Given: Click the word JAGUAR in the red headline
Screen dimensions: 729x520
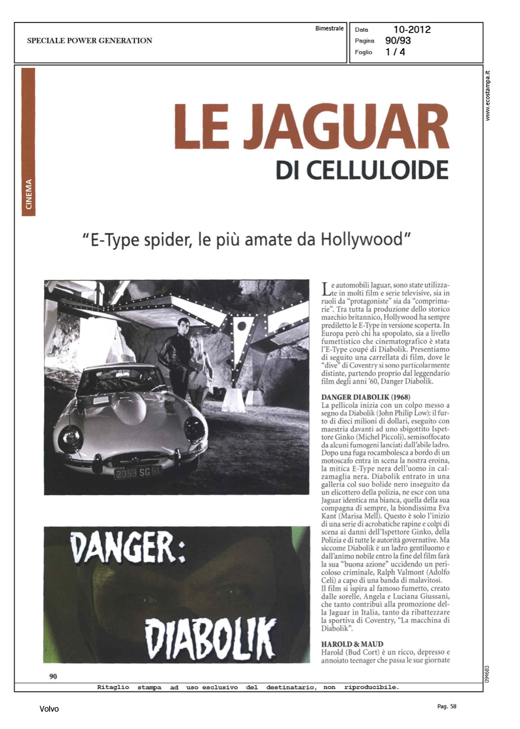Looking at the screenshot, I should [x=346, y=126].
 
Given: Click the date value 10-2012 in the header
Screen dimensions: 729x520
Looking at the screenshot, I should [x=412, y=29].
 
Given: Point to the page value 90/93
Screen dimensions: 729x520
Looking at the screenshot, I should [x=398, y=40].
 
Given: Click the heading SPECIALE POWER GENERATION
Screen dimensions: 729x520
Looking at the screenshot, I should [x=90, y=40].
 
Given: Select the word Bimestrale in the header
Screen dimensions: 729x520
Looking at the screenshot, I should [x=329, y=28].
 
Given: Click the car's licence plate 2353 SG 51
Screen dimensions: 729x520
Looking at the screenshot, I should [x=137, y=472].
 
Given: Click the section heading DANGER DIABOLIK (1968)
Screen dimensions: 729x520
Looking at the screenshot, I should [x=365, y=397].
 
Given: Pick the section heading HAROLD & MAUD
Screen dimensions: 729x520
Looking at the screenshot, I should [x=352, y=644].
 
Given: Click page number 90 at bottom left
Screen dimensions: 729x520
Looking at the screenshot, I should [x=53, y=676].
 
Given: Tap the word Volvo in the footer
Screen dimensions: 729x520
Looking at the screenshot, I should [x=49, y=709].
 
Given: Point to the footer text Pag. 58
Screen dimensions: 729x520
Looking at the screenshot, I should [x=447, y=706].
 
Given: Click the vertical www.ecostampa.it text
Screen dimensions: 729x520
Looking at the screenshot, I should [x=488, y=96].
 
